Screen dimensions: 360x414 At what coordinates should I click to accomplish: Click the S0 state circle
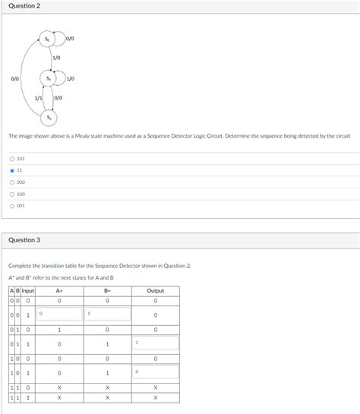pyautogui.click(x=48, y=38)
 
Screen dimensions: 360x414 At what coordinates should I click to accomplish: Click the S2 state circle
pyautogui.click(x=49, y=117)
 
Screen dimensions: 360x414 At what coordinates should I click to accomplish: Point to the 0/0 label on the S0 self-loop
pyautogui.click(x=70, y=38)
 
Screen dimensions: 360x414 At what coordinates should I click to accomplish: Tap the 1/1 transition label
pyautogui.click(x=39, y=98)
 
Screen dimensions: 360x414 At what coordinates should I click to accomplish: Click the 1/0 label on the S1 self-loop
pyautogui.click(x=70, y=78)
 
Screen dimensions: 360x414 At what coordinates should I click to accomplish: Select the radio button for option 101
pyautogui.click(x=11, y=159)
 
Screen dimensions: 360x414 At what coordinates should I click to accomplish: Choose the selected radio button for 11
pyautogui.click(x=11, y=170)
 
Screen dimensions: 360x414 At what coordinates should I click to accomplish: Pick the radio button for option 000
pyautogui.click(x=11, y=182)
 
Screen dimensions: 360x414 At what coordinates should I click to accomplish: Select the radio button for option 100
pyautogui.click(x=11, y=194)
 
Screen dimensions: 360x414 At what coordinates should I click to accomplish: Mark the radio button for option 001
pyautogui.click(x=11, y=205)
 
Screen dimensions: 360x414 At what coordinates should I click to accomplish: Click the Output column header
pyautogui.click(x=155, y=290)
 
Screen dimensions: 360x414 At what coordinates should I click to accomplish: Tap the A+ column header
pyautogui.click(x=59, y=290)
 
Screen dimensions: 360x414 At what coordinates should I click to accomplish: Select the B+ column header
pyautogui.click(x=107, y=290)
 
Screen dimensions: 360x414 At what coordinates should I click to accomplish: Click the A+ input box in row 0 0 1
pyautogui.click(x=59, y=314)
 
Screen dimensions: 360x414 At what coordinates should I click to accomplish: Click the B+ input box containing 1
pyautogui.click(x=107, y=314)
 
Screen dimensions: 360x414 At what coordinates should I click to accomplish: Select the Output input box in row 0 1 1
pyautogui.click(x=155, y=343)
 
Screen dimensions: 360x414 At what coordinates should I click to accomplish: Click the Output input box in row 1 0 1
pyautogui.click(x=155, y=372)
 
